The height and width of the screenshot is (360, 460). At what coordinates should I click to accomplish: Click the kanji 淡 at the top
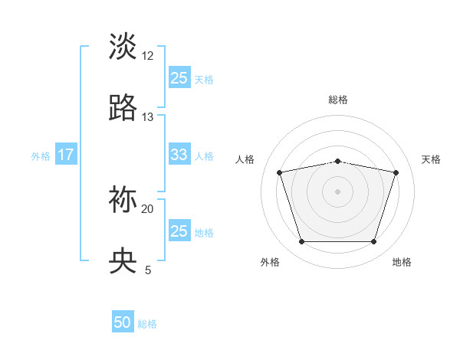123,45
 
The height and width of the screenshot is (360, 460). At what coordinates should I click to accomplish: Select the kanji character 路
123,108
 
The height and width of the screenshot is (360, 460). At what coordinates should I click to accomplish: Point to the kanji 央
123,261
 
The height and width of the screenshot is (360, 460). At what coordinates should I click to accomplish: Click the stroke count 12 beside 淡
148,55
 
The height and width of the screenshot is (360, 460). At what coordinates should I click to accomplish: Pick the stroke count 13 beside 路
148,117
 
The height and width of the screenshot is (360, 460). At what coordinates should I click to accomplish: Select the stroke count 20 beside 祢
148,208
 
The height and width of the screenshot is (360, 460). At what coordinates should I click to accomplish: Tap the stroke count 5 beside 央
148,270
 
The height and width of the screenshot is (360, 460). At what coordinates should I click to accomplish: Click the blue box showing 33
179,155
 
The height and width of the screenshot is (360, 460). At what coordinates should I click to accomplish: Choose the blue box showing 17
66,155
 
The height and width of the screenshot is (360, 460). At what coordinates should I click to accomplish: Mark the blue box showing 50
123,322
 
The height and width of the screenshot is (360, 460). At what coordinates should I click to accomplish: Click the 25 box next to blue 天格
179,77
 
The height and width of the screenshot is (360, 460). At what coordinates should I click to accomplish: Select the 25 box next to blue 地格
179,231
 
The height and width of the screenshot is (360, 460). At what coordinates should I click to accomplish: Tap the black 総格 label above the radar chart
337,100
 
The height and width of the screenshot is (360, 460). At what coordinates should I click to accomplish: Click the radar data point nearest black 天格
396,172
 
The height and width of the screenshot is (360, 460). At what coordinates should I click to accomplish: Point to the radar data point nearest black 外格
301,242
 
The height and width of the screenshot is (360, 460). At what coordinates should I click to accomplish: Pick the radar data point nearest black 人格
279,172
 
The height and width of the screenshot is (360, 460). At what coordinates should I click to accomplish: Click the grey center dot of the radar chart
337,191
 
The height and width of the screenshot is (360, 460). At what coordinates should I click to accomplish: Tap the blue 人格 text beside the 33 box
204,155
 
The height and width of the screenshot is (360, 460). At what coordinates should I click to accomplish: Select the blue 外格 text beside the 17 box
41,155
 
